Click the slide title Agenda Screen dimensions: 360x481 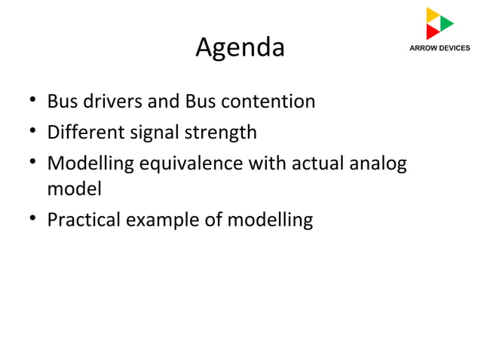[x=240, y=48]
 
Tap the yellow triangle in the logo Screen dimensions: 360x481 [x=432, y=14]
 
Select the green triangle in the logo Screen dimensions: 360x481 [x=446, y=23]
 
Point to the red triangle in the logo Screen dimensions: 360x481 [x=432, y=32]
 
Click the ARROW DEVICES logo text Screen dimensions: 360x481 [x=439, y=47]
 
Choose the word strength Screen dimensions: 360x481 [x=219, y=133]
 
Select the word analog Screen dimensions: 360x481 [x=381, y=163]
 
